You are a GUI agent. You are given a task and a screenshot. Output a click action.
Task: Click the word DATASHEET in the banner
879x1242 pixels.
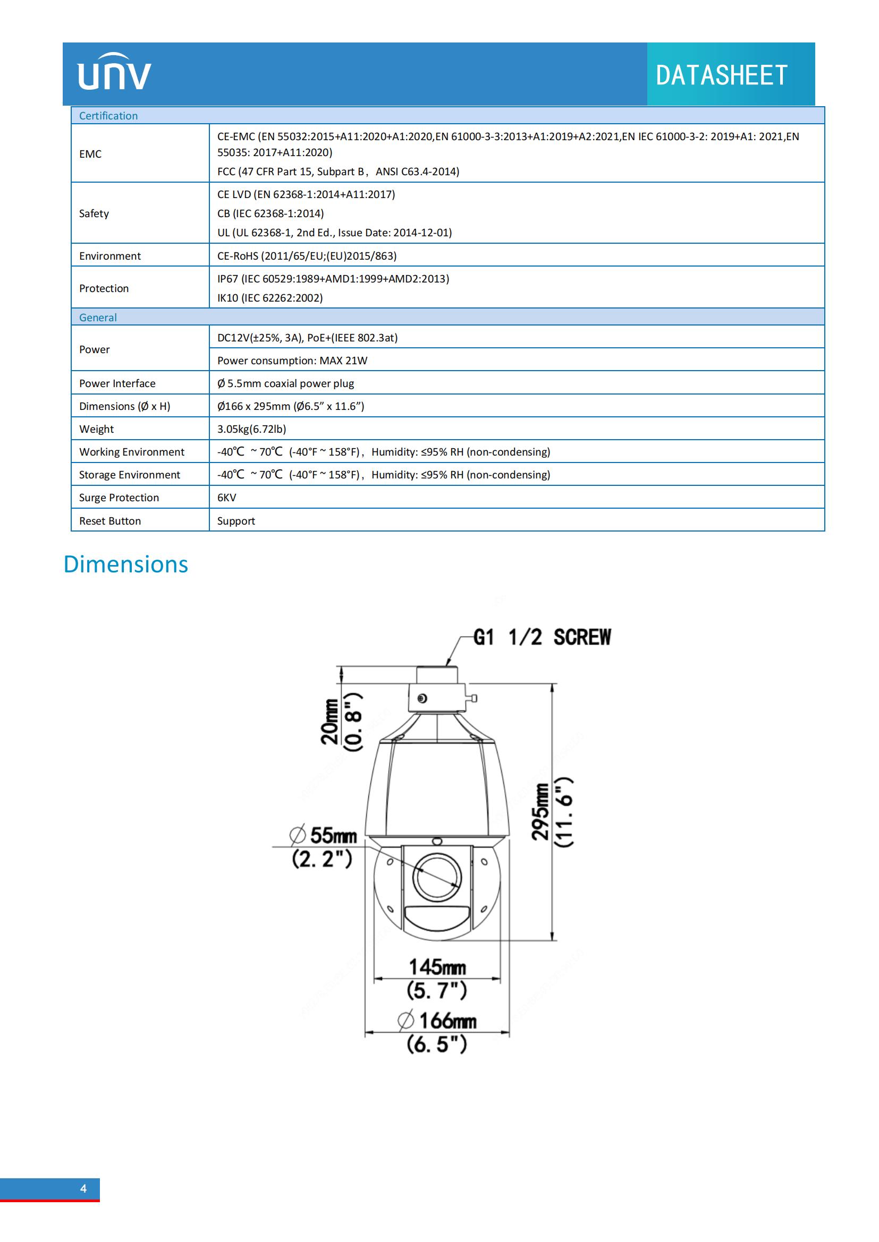click(x=721, y=75)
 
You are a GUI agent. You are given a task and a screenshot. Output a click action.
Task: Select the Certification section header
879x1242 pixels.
click(x=108, y=116)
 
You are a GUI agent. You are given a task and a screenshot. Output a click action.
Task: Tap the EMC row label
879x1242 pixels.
click(x=90, y=154)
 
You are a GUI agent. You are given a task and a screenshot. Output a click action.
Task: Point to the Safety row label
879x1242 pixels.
click(x=94, y=213)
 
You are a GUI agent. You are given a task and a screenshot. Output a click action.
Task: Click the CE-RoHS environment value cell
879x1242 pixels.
click(x=307, y=256)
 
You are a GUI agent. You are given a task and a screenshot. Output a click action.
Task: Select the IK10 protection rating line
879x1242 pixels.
click(x=269, y=298)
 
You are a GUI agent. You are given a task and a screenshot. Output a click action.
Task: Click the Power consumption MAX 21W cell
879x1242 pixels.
click(x=292, y=361)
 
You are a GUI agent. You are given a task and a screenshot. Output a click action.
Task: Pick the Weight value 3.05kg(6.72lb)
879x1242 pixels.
click(x=252, y=429)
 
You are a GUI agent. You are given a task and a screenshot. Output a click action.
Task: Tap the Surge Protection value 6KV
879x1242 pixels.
click(x=227, y=498)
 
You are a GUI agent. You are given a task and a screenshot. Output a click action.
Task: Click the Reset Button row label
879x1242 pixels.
click(x=110, y=521)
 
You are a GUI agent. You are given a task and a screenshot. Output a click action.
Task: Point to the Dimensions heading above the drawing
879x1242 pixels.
click(x=125, y=564)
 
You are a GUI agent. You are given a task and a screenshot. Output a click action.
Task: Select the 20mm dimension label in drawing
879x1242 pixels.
click(x=330, y=722)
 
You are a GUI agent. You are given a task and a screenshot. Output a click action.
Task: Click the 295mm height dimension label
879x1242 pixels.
click(x=540, y=812)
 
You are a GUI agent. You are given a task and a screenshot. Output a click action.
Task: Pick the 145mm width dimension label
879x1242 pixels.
click(x=437, y=966)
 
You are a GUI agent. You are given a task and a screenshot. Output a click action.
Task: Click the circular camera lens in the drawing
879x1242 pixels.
click(x=437, y=877)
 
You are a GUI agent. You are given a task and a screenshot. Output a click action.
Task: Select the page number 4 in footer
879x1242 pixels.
click(x=83, y=1188)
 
